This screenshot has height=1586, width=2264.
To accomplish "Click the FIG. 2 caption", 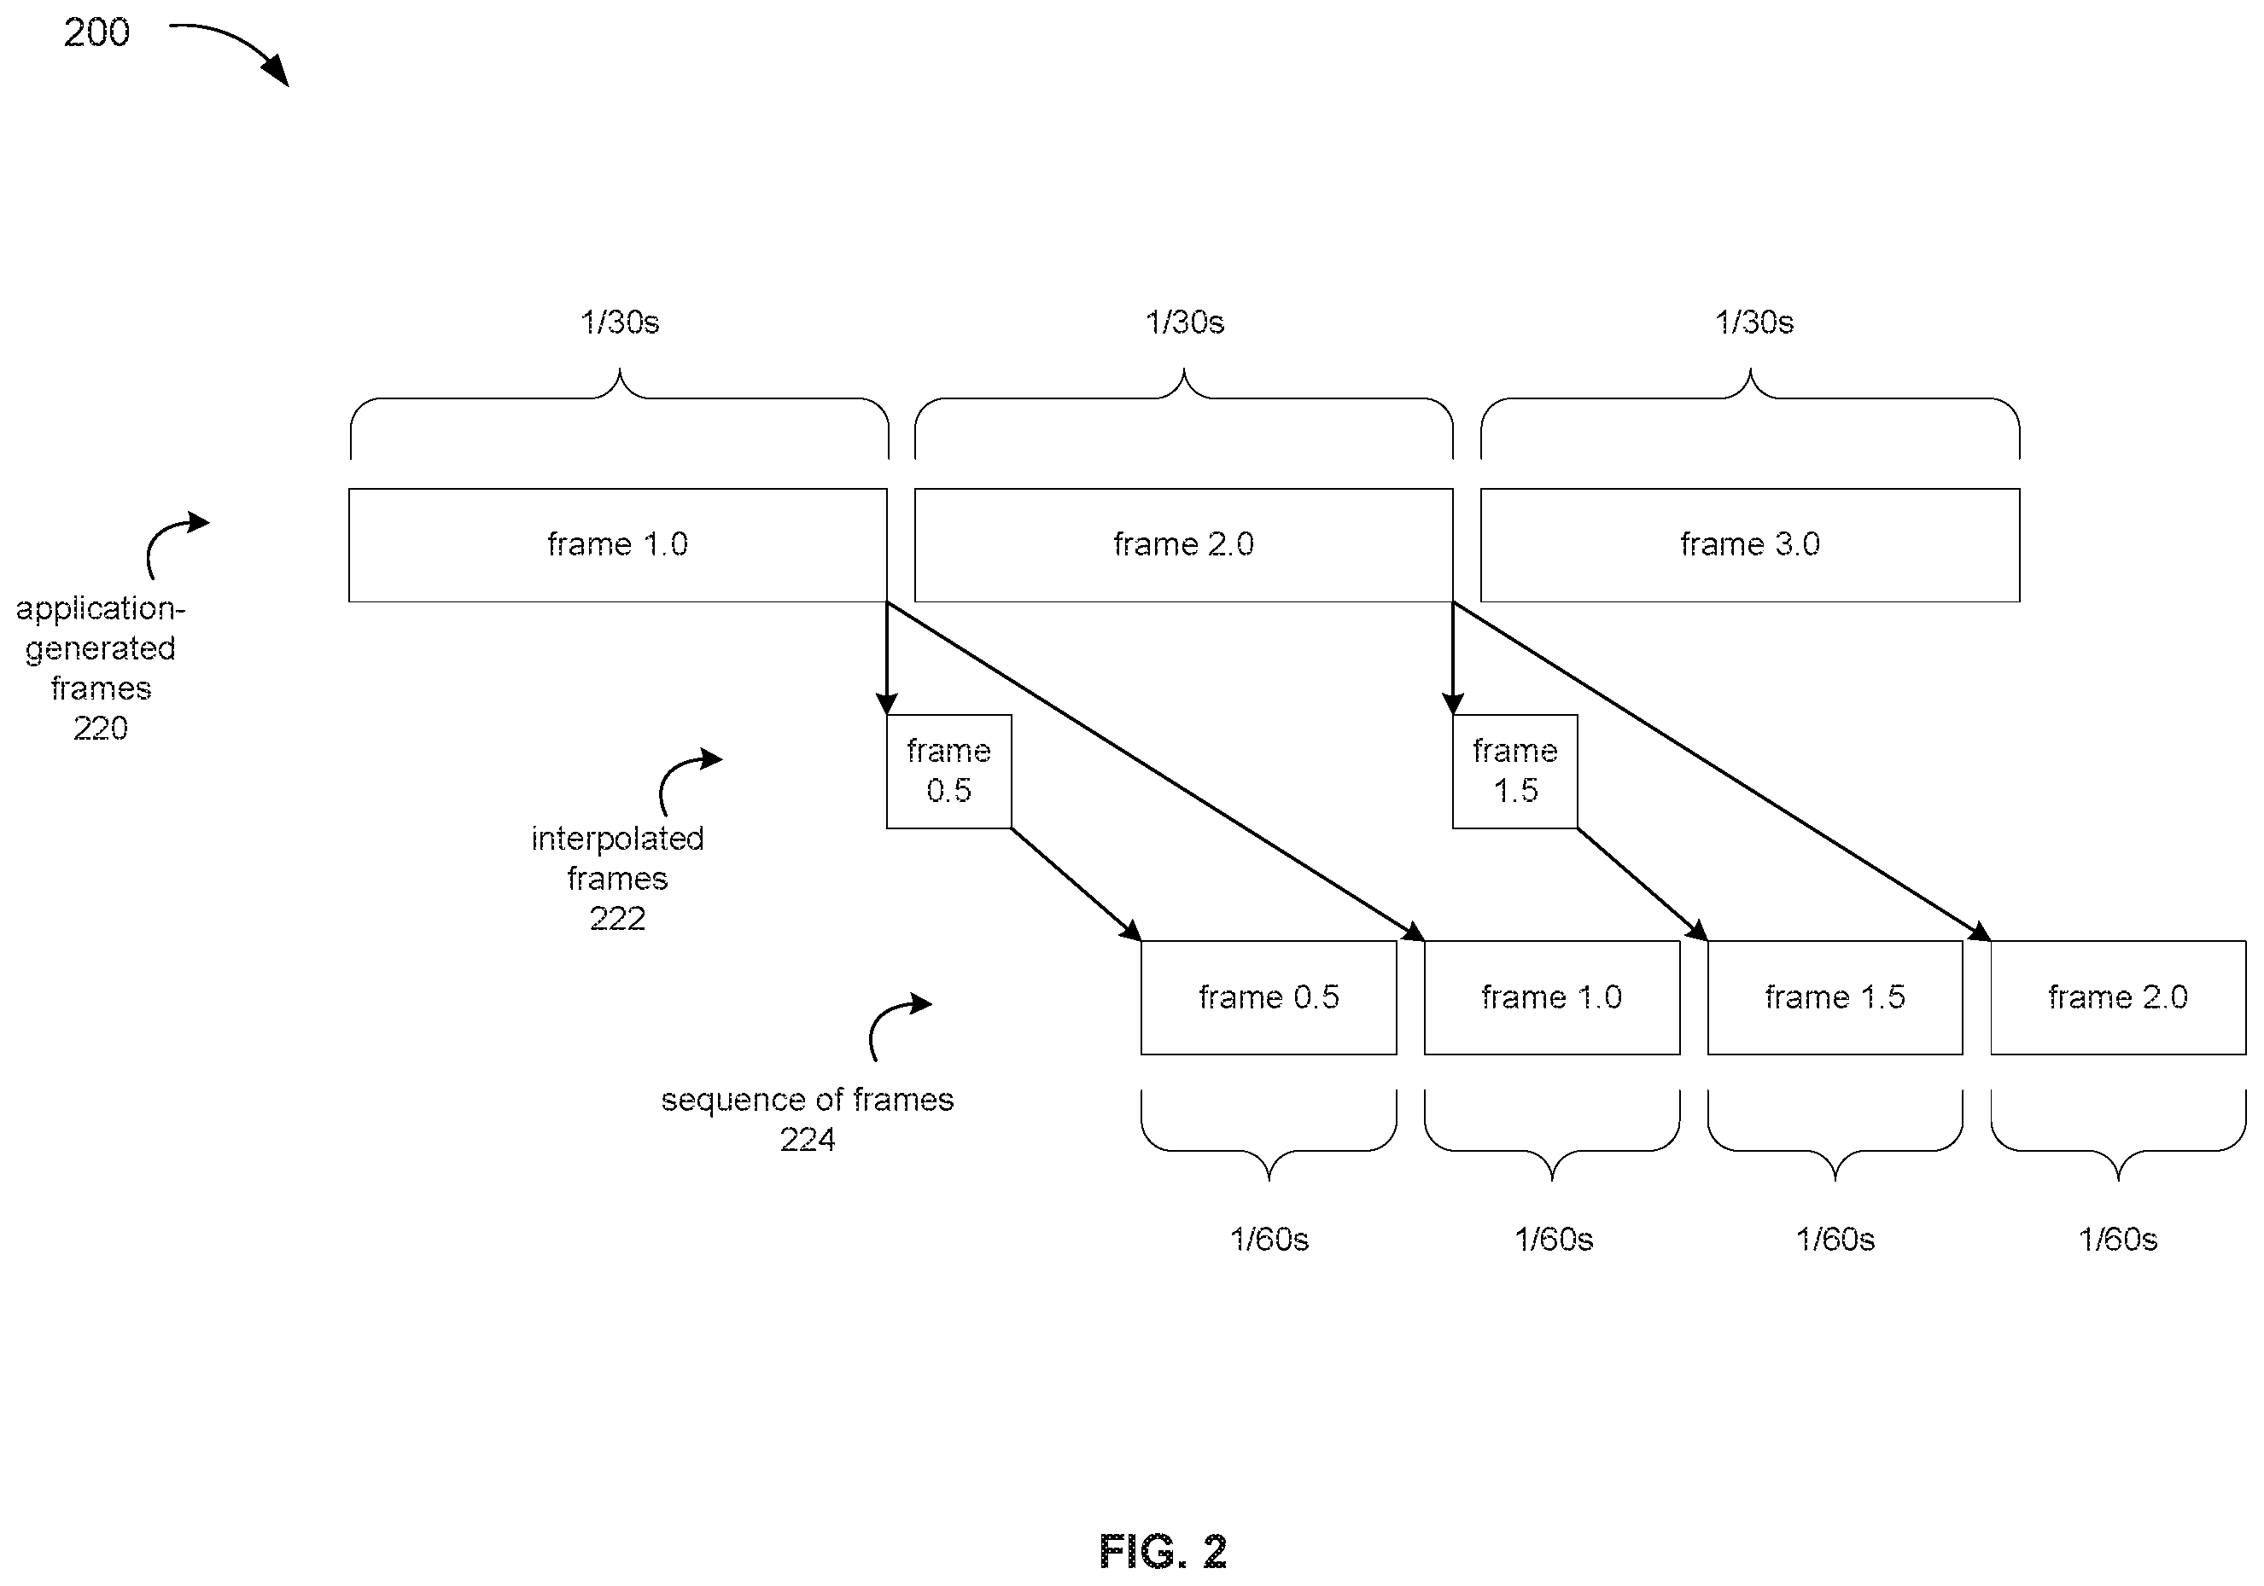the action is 1164,1552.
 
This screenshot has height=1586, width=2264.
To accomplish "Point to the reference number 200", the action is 96,32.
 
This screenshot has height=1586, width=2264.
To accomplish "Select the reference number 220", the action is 101,729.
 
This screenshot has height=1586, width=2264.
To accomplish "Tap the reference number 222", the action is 617,919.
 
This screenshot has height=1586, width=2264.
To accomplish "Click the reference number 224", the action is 808,1140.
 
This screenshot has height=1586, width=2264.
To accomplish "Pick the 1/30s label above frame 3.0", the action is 1754,322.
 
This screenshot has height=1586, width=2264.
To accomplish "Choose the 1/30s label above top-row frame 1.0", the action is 619,322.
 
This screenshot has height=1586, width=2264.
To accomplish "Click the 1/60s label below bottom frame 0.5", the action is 1269,1239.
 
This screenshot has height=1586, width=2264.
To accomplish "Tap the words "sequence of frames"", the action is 808,1099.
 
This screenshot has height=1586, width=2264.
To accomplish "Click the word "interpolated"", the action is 617,839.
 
